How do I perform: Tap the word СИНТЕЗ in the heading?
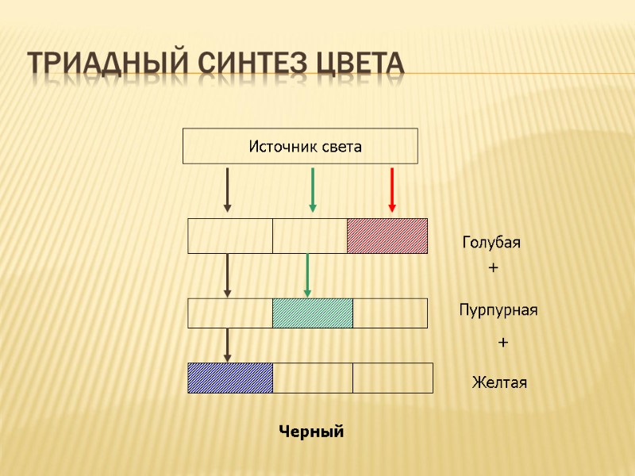(245, 63)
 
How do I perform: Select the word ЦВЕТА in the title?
(358, 63)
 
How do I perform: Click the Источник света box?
(300, 146)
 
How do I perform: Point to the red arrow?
(392, 190)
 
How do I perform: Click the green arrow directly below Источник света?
(313, 190)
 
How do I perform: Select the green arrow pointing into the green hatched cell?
(307, 274)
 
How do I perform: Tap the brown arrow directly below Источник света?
(228, 190)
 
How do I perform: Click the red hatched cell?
(387, 236)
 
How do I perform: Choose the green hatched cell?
(313, 313)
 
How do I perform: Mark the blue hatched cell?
(230, 378)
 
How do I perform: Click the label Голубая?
(491, 243)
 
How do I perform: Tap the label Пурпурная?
(498, 310)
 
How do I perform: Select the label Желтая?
(499, 383)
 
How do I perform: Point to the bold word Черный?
(311, 432)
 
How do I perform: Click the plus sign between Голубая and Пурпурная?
(493, 270)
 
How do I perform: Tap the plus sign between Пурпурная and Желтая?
(502, 343)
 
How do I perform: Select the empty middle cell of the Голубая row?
(310, 236)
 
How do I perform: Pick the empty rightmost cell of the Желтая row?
(393, 378)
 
